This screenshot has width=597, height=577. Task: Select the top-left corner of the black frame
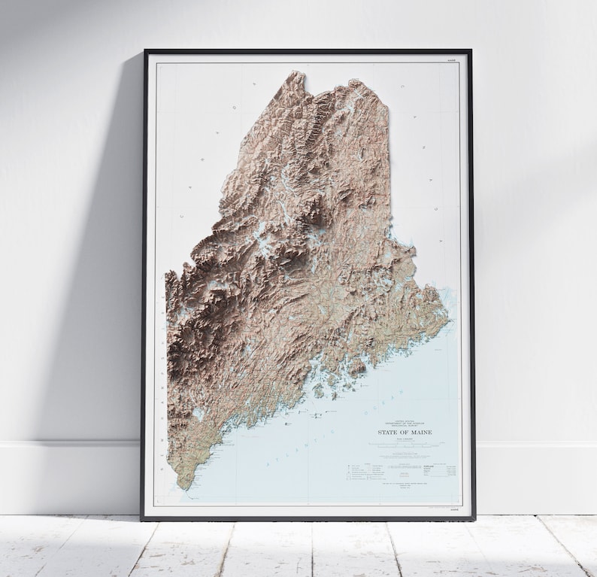(145, 51)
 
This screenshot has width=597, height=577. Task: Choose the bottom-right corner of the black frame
(474, 519)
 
